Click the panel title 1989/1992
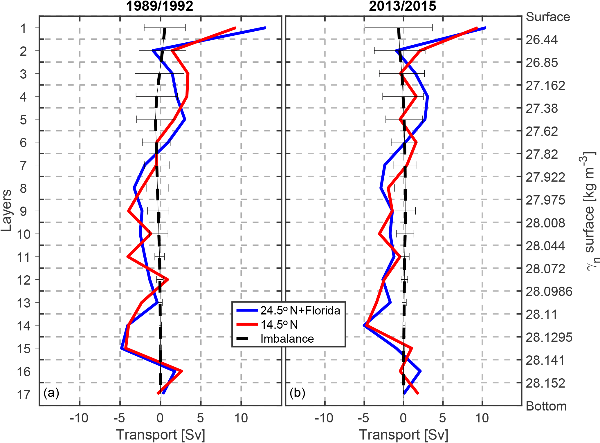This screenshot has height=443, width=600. tap(160, 6)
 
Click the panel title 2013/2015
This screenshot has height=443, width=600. tap(402, 6)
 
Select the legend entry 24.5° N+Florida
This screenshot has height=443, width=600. tap(300, 311)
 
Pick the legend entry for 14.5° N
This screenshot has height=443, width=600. tap(279, 325)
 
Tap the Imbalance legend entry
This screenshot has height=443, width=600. tap(287, 339)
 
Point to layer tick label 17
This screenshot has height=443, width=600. tap(24, 395)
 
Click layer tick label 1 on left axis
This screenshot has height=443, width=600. tap(24, 28)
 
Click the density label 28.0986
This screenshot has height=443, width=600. tap(549, 292)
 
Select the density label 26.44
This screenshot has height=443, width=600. tap(542, 40)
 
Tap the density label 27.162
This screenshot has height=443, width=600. tap(545, 86)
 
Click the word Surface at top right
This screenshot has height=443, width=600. tap(548, 17)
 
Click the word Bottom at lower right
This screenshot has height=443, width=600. tap(546, 406)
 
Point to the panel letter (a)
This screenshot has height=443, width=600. tap(51, 393)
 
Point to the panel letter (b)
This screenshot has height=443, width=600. tap(297, 393)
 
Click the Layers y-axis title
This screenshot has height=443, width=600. tap(6, 210)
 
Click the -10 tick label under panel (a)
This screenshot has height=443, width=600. tap(79, 418)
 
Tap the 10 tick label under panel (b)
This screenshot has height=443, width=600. tap(482, 418)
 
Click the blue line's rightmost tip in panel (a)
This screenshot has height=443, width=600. tap(265, 28)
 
